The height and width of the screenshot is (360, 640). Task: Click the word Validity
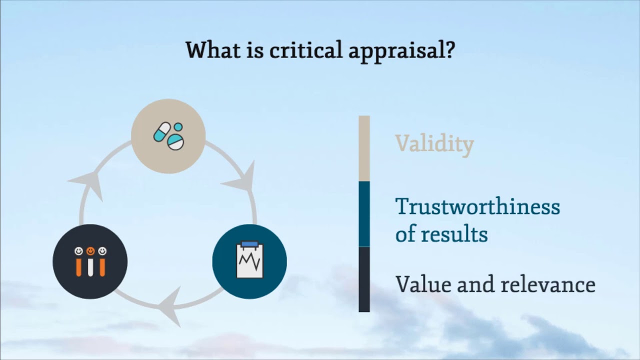(x=434, y=144)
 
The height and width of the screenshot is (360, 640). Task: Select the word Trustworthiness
(x=477, y=206)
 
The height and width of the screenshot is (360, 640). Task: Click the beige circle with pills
(x=168, y=136)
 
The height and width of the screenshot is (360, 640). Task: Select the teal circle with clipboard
(x=249, y=261)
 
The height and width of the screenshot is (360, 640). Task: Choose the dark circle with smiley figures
(x=90, y=261)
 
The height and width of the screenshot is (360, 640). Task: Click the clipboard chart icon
(x=249, y=260)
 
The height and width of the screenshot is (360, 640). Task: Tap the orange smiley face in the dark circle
(x=90, y=250)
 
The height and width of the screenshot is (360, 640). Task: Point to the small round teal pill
(x=178, y=127)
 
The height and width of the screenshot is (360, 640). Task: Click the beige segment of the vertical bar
(x=364, y=148)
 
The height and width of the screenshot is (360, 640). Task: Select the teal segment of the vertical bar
(x=364, y=213)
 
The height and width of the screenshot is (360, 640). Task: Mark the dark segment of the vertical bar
(x=364, y=279)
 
